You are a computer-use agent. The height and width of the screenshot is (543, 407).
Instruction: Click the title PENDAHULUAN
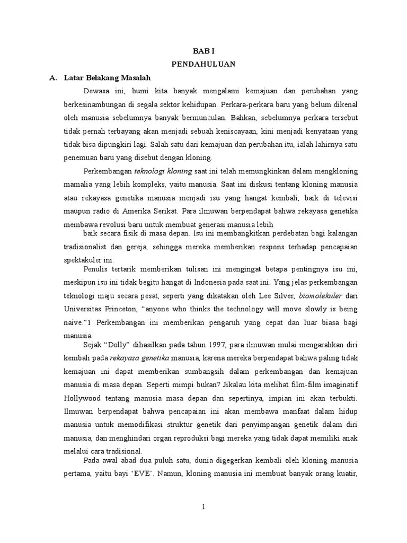[x=203, y=64]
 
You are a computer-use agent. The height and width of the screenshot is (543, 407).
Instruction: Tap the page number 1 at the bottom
[x=203, y=507]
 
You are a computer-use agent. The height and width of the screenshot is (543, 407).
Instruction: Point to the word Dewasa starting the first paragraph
[x=96, y=91]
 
